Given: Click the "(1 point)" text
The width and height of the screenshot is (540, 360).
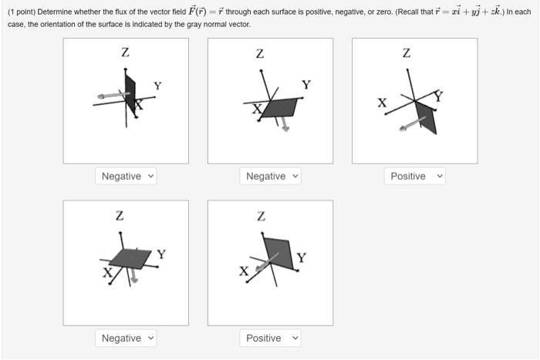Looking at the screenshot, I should coord(21,12).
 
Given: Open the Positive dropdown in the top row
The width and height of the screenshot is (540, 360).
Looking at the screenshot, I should coord(415,177).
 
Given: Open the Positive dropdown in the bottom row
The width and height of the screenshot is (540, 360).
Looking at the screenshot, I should coord(272,338).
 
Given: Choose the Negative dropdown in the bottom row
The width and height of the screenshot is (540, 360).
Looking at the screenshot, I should coord(127,338).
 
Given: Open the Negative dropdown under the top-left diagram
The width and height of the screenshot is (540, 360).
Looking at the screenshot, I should coord(127,177).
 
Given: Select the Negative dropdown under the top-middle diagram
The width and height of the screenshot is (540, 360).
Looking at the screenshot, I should coord(272,177).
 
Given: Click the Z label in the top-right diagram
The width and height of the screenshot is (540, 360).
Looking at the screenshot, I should coord(407,53).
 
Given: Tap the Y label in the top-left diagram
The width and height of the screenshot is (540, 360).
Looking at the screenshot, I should coord(157,86).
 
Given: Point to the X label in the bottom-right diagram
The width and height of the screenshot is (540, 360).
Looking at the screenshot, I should coord(244,271).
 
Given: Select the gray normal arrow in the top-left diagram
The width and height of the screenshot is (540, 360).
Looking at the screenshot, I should coord(110,96).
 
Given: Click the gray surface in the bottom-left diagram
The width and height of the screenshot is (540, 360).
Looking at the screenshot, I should coord(129,257).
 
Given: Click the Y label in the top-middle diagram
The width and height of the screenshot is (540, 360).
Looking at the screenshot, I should coord(306,84).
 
